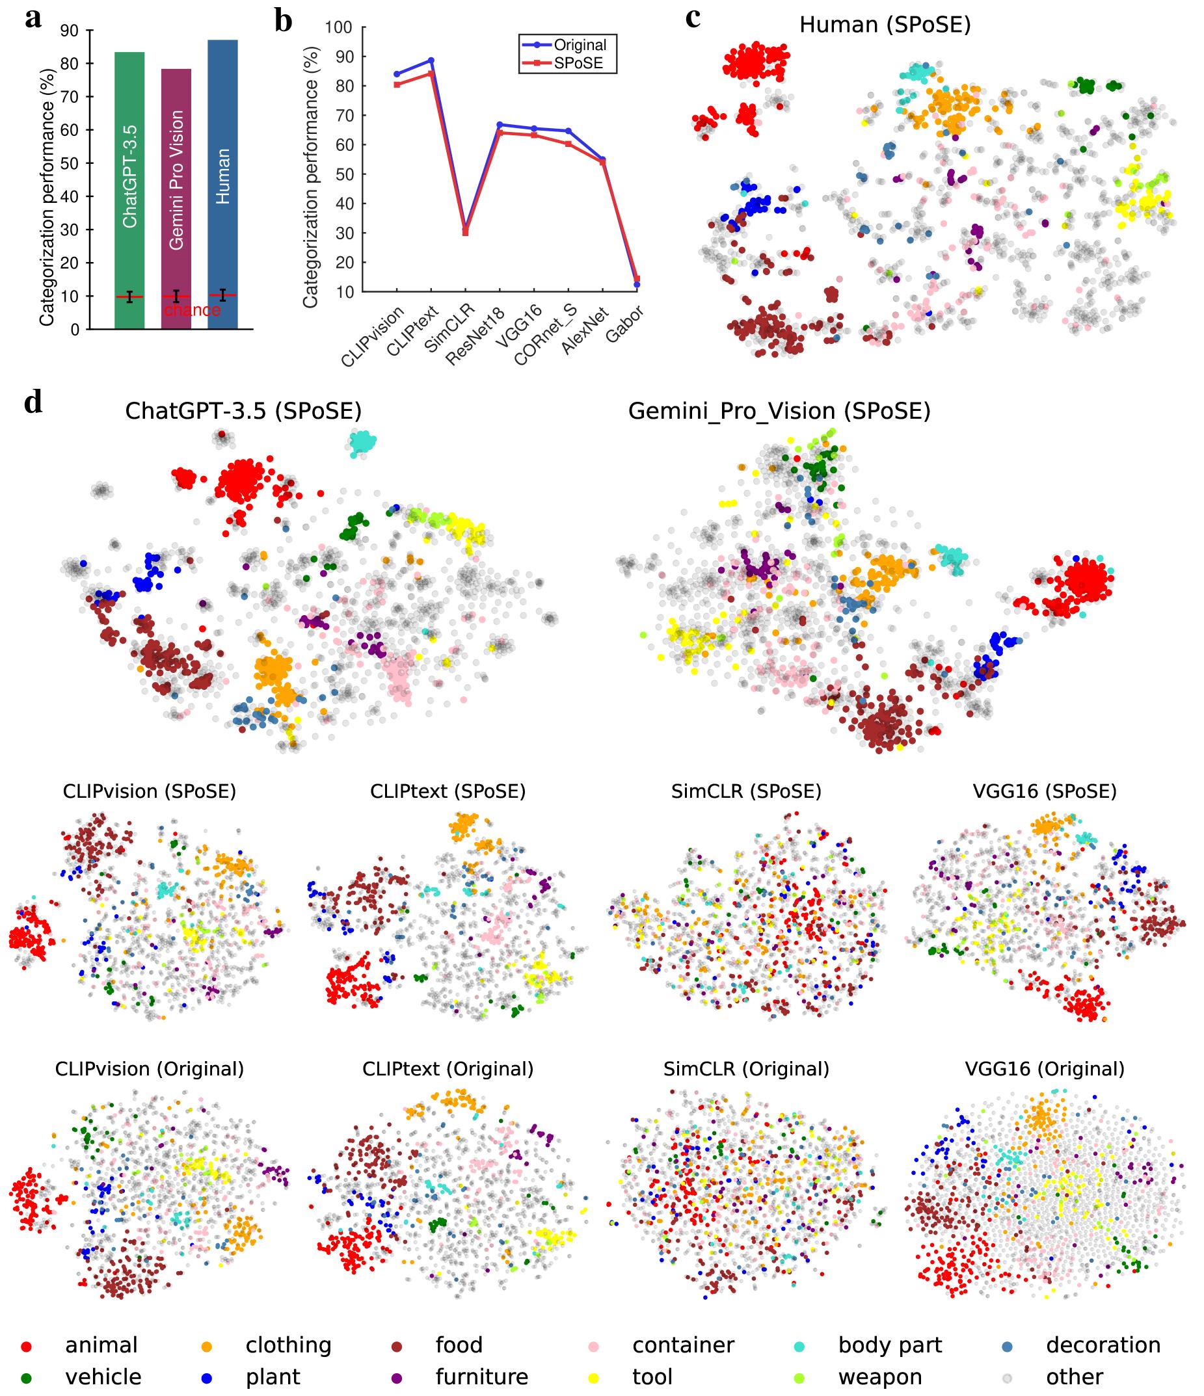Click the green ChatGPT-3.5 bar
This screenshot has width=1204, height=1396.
pyautogui.click(x=129, y=191)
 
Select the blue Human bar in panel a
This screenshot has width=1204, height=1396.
pyautogui.click(x=222, y=185)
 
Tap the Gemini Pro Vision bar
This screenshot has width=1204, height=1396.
pyautogui.click(x=176, y=199)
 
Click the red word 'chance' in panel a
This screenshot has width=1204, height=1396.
pyautogui.click(x=192, y=311)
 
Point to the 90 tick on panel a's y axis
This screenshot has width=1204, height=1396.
pyautogui.click(x=70, y=31)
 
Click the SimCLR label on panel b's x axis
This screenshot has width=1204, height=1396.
pyautogui.click(x=449, y=328)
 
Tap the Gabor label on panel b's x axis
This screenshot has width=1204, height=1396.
pyautogui.click(x=625, y=323)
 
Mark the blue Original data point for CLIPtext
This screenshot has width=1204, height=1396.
pyautogui.click(x=431, y=60)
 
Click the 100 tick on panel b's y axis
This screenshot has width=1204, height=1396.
pyautogui.click(x=339, y=27)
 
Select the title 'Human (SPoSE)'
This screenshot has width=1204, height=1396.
pyautogui.click(x=885, y=25)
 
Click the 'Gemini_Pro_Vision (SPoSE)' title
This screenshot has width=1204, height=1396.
pyautogui.click(x=779, y=412)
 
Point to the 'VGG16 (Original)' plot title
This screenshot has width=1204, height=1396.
pyautogui.click(x=1045, y=1069)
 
